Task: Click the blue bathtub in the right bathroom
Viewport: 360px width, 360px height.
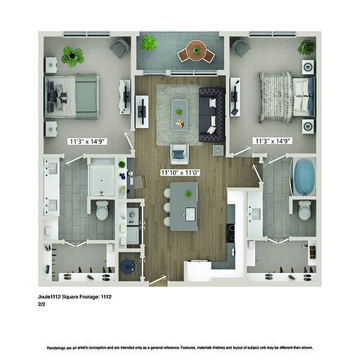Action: click(304, 177)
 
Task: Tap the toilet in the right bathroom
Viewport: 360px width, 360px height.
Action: click(304, 209)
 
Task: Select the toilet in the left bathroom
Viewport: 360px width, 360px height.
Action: click(102, 210)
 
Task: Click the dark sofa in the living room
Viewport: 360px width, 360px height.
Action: click(211, 114)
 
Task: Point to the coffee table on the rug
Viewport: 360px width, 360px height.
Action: click(179, 110)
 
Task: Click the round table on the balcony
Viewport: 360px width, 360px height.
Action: click(196, 51)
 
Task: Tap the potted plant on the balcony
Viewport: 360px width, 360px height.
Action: click(149, 43)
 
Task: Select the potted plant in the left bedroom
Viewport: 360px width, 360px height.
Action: click(73, 55)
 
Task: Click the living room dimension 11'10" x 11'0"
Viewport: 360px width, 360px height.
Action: click(179, 172)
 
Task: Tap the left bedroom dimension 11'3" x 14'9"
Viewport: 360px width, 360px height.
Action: click(87, 141)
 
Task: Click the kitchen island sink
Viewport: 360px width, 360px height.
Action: click(190, 214)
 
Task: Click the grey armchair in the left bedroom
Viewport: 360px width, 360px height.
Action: click(119, 48)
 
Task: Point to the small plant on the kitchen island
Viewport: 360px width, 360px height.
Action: click(188, 193)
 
